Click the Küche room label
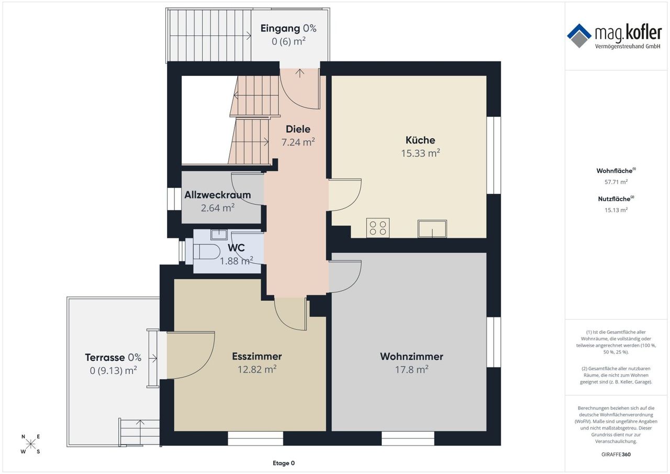tap(420, 140)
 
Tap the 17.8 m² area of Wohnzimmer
tap(411, 370)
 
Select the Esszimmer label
tap(257, 356)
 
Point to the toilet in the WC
tap(207, 251)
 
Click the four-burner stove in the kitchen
tap(378, 228)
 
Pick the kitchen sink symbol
tap(432, 229)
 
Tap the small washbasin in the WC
tap(219, 234)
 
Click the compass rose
tap(30, 444)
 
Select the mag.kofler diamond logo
tap(579, 36)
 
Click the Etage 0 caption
tap(284, 463)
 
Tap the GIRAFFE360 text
tap(616, 454)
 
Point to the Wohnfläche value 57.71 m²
tap(616, 182)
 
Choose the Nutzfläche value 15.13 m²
tap(616, 210)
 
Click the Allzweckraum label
tap(217, 195)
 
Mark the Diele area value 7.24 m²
tap(298, 142)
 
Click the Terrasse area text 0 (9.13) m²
tap(114, 370)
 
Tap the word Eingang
tap(280, 28)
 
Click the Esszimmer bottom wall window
tap(255, 438)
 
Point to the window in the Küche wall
tap(494, 156)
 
